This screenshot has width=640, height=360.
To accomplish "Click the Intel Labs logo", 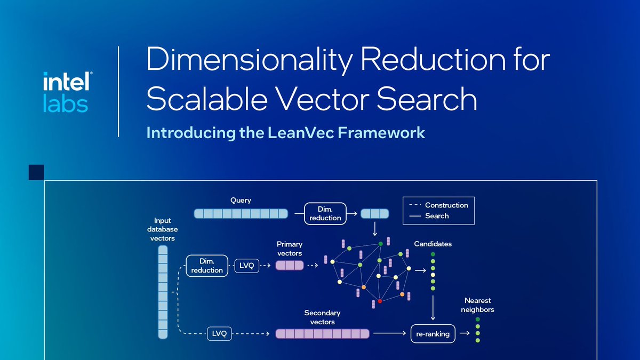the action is coord(66,92).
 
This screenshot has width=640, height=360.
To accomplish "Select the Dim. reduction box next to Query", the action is coord(325,213).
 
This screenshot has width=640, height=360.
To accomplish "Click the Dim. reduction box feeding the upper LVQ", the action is coord(207,266).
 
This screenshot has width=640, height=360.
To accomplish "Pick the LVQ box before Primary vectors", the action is coord(246,265).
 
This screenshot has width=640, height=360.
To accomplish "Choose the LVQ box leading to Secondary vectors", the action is coord(219,334).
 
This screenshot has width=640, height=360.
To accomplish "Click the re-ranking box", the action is coord(433,334).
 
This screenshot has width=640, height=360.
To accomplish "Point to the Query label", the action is coord(241,201).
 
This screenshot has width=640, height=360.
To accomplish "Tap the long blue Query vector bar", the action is coord(240,214).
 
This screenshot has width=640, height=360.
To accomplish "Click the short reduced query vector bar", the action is coord(375,214).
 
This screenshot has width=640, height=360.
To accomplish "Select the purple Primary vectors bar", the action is coord(290,265).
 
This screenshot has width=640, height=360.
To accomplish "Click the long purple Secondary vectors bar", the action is coord(322,334).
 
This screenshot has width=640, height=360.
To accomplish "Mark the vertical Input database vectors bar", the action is coord(163,292).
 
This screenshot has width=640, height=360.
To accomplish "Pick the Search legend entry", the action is coord(436,216).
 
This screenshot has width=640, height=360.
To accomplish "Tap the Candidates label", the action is coord(433,244).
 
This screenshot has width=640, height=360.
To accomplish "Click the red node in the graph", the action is coord(380,301).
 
